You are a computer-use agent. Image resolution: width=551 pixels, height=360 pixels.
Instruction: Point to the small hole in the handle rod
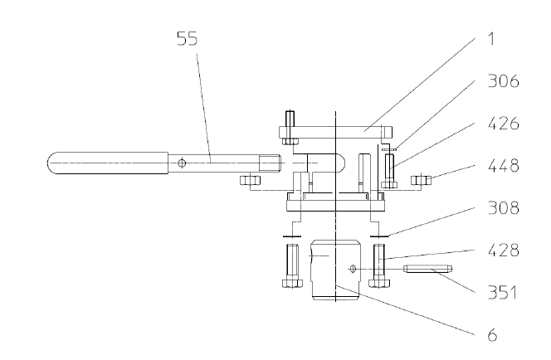pyautogui.click(x=182, y=163)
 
